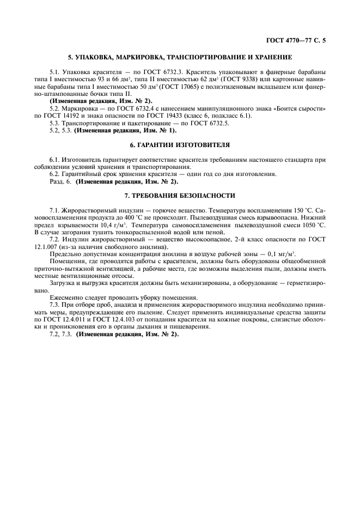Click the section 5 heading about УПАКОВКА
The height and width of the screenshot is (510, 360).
[179, 57]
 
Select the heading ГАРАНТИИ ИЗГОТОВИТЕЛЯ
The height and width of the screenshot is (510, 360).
[179, 145]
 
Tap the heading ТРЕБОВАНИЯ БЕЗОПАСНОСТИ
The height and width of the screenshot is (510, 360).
[179, 195]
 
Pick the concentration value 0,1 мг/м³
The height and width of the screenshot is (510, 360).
[276, 253]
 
